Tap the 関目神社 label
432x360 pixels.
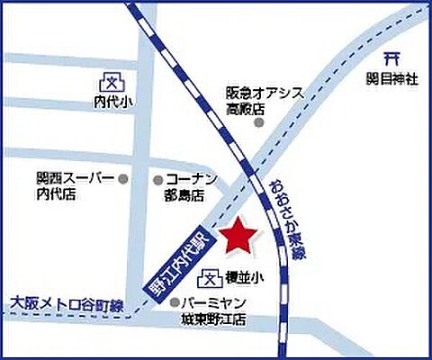click(x=392, y=79)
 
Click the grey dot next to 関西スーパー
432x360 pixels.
click(x=124, y=178)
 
